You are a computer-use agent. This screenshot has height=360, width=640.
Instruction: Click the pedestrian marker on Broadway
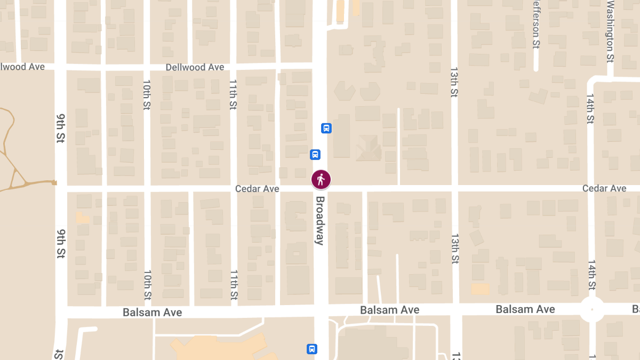(x=321, y=180)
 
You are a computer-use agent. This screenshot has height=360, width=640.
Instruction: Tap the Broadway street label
(x=320, y=221)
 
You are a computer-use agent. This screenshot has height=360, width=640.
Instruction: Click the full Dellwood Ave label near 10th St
(x=195, y=67)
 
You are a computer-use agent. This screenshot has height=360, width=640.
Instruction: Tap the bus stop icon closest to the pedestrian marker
(x=315, y=155)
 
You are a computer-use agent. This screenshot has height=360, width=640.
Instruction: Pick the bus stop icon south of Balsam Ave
(x=312, y=349)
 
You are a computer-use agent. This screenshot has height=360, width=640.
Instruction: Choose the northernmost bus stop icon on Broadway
(x=326, y=128)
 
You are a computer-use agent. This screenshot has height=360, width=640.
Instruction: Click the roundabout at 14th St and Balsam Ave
(x=592, y=309)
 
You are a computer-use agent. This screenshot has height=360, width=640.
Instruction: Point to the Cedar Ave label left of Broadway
(x=257, y=189)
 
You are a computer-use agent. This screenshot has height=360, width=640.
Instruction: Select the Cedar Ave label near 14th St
(x=604, y=188)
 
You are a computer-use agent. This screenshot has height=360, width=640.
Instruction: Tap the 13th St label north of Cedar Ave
(x=454, y=82)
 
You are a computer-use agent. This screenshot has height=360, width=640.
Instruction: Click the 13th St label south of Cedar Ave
(x=455, y=248)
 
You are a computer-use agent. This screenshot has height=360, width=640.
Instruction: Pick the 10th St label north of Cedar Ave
(x=147, y=95)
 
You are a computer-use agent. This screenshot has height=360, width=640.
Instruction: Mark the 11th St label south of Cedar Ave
(x=234, y=284)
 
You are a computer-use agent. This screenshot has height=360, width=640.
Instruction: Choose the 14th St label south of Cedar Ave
(x=591, y=275)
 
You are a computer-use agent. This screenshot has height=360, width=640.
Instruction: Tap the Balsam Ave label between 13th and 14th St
(x=525, y=309)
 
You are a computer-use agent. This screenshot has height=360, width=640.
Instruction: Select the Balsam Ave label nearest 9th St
(x=152, y=313)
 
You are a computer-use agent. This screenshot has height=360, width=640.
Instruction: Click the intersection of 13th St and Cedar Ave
(x=454, y=188)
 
